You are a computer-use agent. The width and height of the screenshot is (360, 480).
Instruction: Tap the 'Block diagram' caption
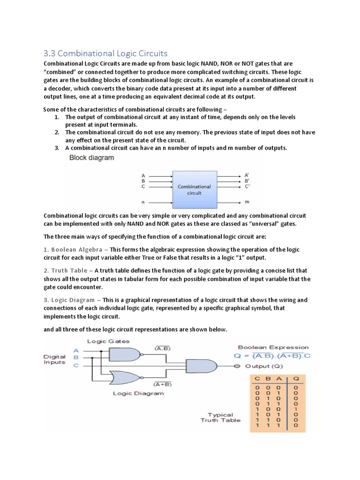click(x=91, y=158)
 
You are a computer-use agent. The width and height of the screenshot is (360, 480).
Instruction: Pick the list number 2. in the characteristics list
click(x=56, y=133)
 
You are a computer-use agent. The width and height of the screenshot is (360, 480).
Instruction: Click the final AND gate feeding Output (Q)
click(x=201, y=366)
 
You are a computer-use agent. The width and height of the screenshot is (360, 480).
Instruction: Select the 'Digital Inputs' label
click(x=54, y=360)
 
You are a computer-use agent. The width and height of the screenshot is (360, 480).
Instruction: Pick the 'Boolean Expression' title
click(x=273, y=347)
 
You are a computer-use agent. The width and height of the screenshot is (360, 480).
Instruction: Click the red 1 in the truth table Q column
click(x=296, y=410)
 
